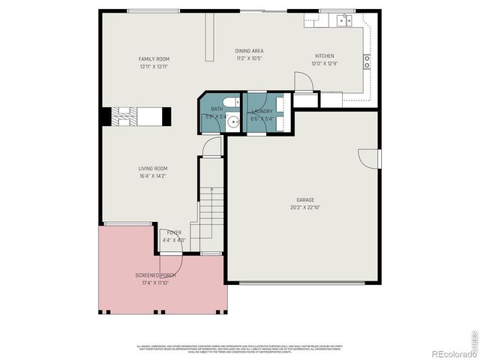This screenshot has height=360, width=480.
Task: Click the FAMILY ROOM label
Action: (x=154, y=59)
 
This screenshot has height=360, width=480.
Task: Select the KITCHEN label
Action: (x=324, y=56)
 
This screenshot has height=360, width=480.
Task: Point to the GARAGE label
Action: (x=304, y=200)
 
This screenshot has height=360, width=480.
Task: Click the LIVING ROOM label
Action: (x=152, y=169)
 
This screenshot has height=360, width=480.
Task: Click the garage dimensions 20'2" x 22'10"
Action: (x=304, y=208)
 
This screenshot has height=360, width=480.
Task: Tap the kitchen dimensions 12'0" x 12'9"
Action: (x=324, y=64)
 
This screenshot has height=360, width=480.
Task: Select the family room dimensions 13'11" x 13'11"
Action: (x=154, y=67)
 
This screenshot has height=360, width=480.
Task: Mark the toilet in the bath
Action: (x=234, y=101)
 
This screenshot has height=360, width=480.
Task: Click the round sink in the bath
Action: (x=233, y=120)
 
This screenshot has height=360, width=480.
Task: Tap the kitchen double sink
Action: (x=344, y=19)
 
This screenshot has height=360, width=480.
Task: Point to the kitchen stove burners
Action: (x=367, y=62)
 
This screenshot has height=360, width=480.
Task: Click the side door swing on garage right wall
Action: (x=369, y=158)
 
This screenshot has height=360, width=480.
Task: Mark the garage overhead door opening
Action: (x=302, y=283)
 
